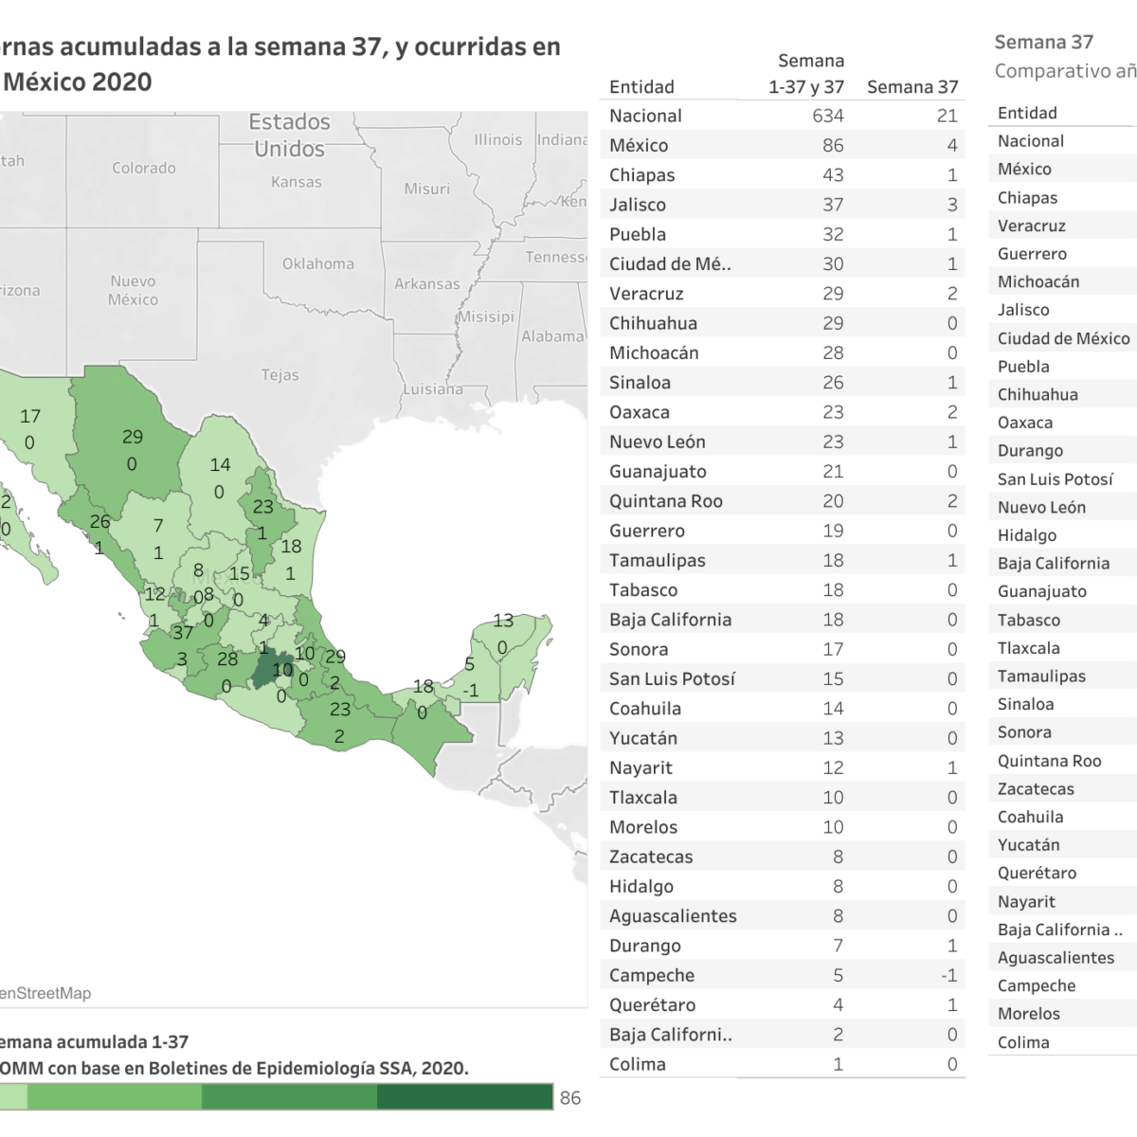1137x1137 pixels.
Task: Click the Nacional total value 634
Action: (x=827, y=116)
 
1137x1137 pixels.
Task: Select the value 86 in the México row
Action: (x=832, y=145)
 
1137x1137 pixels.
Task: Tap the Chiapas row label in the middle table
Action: (x=641, y=175)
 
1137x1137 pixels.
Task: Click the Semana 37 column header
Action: (x=911, y=87)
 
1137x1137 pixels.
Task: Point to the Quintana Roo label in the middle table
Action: (x=665, y=501)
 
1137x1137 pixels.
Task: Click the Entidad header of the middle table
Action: (x=641, y=87)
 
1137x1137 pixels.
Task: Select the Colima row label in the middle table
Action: (x=637, y=1064)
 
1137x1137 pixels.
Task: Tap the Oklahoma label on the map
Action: (x=318, y=264)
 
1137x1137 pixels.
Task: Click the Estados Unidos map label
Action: (x=290, y=135)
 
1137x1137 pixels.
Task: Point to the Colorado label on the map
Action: (x=144, y=168)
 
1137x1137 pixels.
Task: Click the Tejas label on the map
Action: (x=280, y=375)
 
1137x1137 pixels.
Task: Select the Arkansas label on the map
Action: (x=427, y=283)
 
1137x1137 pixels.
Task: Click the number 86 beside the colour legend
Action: (x=570, y=1098)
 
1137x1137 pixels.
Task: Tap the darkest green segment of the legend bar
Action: (x=464, y=1097)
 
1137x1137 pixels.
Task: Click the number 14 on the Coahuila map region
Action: (x=220, y=464)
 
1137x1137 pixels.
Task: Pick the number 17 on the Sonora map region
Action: (x=30, y=416)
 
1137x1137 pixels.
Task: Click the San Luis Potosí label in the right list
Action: (x=1055, y=479)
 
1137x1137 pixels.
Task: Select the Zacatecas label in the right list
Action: (x=1036, y=788)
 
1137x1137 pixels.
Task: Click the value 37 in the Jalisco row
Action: (x=832, y=205)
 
